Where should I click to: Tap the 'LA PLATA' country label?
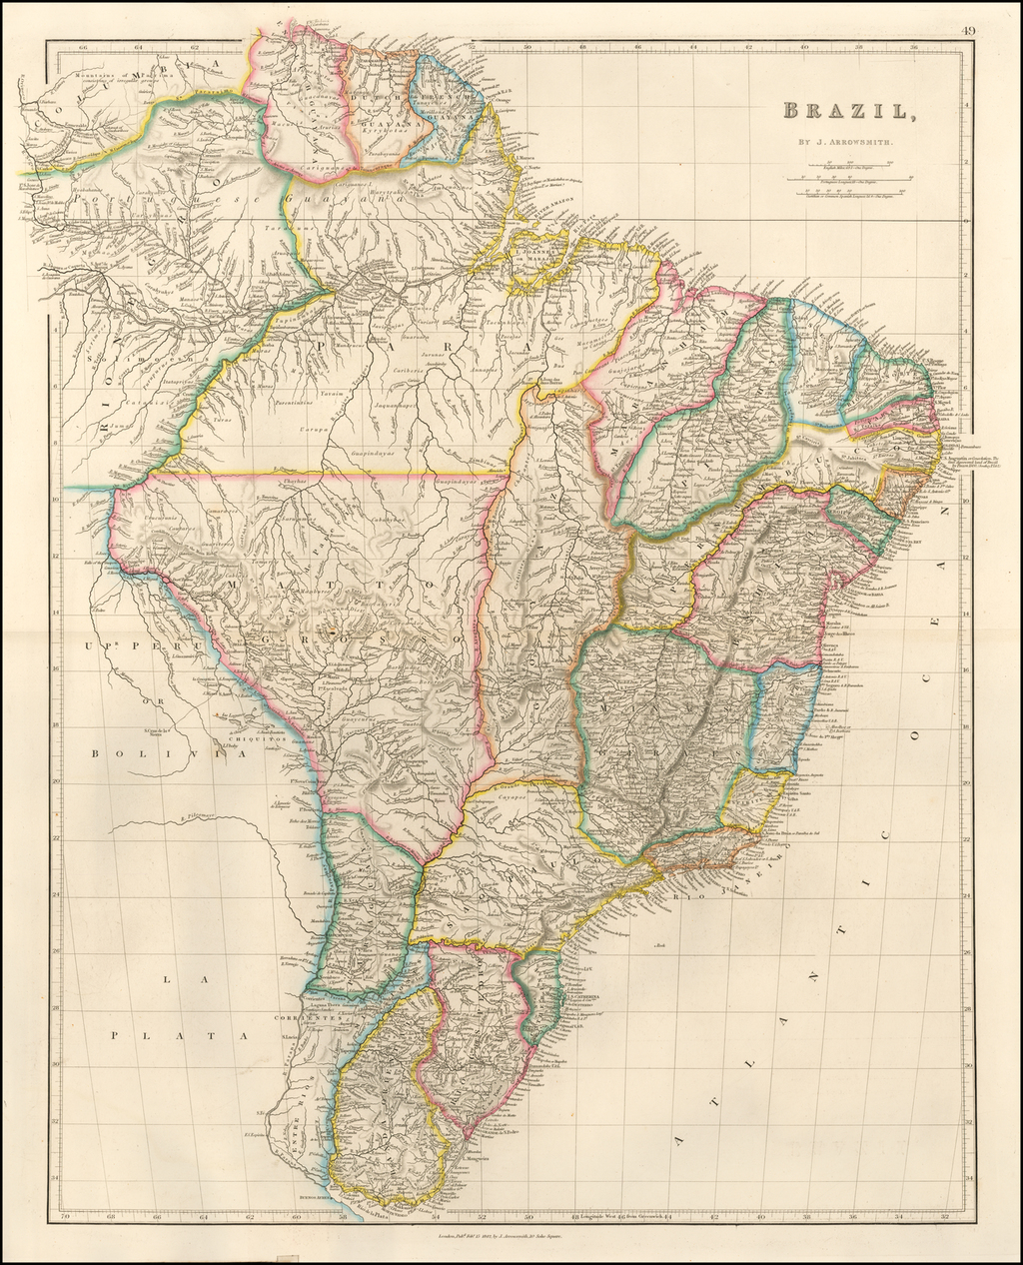tap(180, 1009)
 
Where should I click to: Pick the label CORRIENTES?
tap(300, 1019)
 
